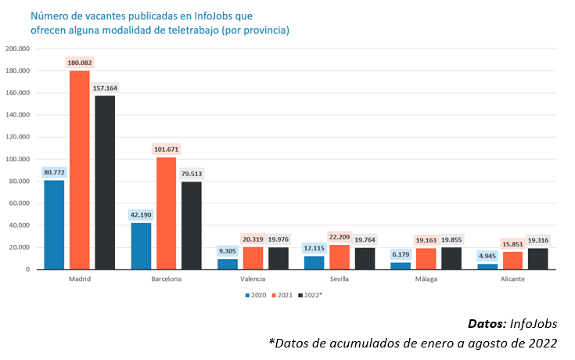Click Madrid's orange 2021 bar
pos(80,170)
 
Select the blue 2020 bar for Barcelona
pos(142,246)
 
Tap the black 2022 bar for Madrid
pos(106,182)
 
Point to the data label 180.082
pos(80,62)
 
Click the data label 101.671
pos(167,149)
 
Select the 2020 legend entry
pos(255,295)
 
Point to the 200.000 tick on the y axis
pos(17,49)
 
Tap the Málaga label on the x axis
pos(426,279)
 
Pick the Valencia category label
pos(253,279)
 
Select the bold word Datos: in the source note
pos(486,323)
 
